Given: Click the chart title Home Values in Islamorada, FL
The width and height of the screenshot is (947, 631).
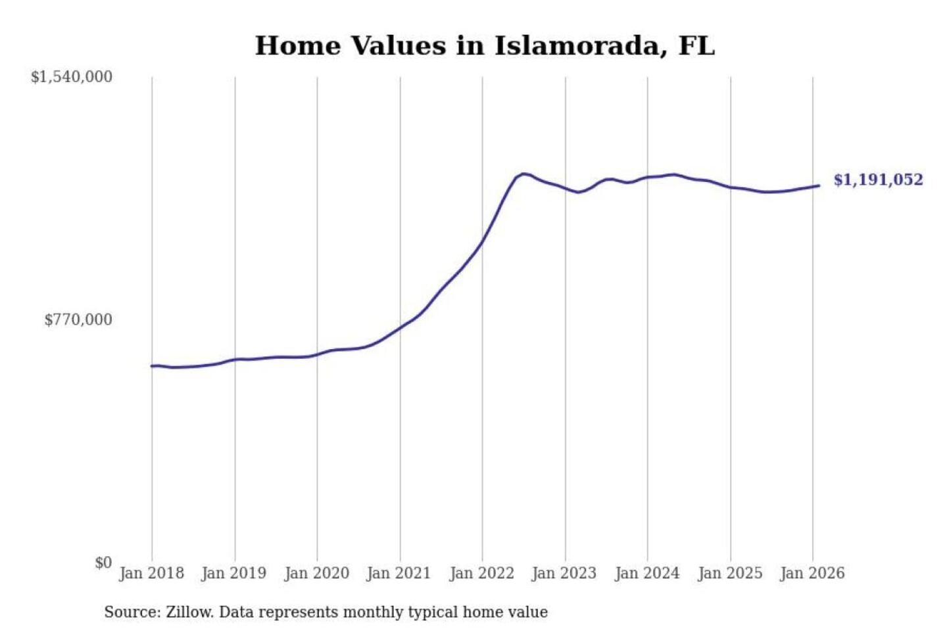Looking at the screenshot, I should coord(485,45).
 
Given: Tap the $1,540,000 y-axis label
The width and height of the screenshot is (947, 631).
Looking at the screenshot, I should coord(72,77).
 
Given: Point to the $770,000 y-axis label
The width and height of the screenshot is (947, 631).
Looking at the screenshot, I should coord(78,319).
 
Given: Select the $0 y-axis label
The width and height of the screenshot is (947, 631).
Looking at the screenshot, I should coord(103,563).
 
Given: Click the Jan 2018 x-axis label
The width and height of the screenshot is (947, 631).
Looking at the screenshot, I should coord(151,573).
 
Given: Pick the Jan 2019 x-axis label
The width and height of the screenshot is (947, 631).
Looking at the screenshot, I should coord(234,573).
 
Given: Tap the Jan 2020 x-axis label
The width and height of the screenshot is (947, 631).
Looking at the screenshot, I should coord(316,573).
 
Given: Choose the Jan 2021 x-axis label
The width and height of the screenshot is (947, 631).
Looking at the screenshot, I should coord(399,573).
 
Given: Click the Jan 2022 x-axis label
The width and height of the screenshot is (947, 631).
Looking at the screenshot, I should coord(481,573).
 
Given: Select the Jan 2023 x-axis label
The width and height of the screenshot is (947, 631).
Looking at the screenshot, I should coord(564,573).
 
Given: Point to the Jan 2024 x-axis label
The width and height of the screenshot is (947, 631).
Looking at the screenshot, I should coord(647,573).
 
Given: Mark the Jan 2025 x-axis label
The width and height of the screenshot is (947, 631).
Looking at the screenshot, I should coord(730,573).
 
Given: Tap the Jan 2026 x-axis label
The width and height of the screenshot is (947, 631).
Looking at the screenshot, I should coord(812,573).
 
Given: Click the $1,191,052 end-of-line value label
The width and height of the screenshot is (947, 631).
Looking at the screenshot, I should coord(878,180).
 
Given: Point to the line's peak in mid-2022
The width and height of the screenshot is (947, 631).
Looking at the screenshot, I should coord(523,174).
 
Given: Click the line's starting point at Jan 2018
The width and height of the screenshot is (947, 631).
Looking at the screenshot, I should coord(152,366).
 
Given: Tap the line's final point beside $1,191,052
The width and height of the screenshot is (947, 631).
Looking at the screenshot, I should coord(819,185).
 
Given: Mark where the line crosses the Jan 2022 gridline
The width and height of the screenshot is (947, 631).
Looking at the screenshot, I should coord(482,243).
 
